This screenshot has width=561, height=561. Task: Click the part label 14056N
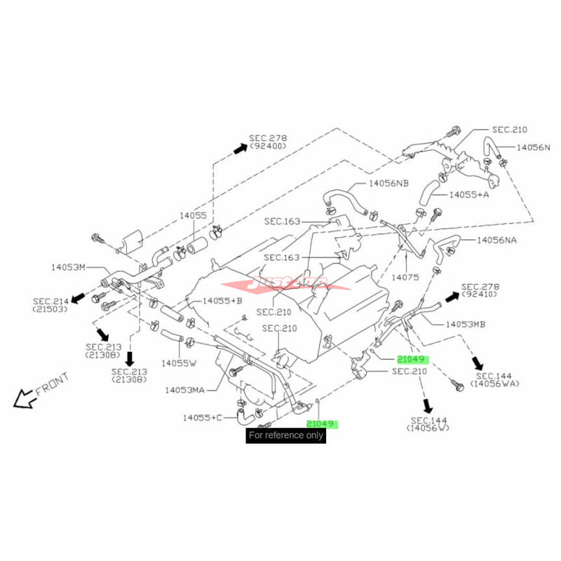pos(534,148)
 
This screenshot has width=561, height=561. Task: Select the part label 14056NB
pos(388,184)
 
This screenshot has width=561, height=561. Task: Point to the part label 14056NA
pos(496,239)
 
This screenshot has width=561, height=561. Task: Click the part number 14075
pos(405,277)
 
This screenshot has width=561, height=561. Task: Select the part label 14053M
pos(68,266)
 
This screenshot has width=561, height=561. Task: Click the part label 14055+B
pos(223,300)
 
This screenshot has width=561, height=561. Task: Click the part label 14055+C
pos(203,417)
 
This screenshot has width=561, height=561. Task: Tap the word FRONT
pos(52,386)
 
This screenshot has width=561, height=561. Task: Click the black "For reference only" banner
pos(286,435)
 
